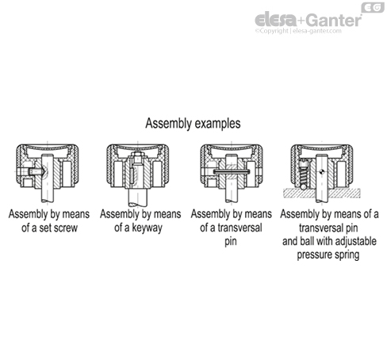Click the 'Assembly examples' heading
click(x=193, y=124)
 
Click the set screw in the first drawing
click(x=32, y=173)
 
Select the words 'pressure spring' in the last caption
click(x=331, y=256)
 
